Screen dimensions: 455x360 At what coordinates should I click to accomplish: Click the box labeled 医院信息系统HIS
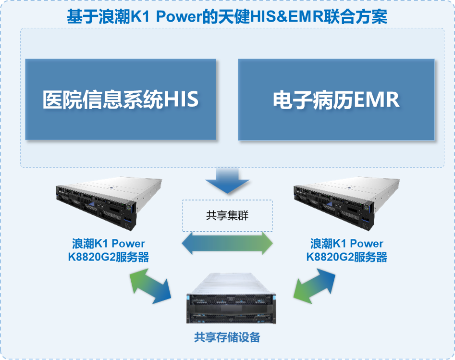120,99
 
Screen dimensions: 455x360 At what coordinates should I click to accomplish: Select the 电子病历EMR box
336,99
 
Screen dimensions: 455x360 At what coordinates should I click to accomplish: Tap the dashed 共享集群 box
227,215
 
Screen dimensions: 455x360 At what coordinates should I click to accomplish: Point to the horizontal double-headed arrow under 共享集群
227,244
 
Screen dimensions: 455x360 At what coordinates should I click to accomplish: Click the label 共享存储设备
227,337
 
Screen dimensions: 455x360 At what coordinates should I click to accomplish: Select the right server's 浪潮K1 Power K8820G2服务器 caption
346,250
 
